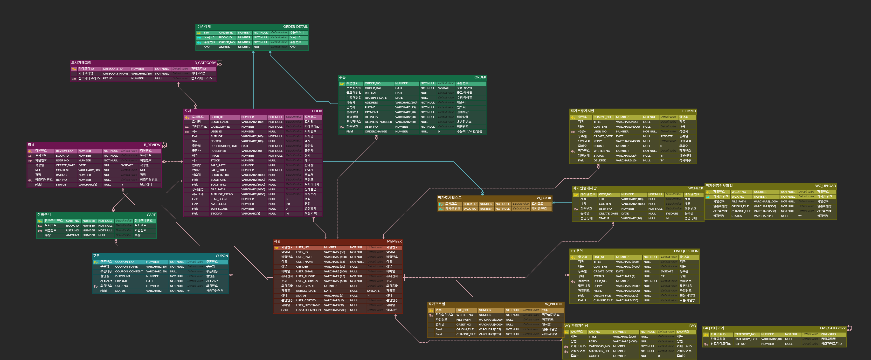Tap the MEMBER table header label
[394, 241]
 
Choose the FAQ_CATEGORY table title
[832, 328]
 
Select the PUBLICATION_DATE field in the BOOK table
[224, 146]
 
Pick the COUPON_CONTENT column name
[129, 271]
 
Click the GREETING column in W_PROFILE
[463, 325]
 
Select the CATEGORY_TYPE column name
[746, 339]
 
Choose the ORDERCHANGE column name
[375, 132]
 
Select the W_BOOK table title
[543, 198]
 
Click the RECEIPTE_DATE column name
[375, 98]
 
